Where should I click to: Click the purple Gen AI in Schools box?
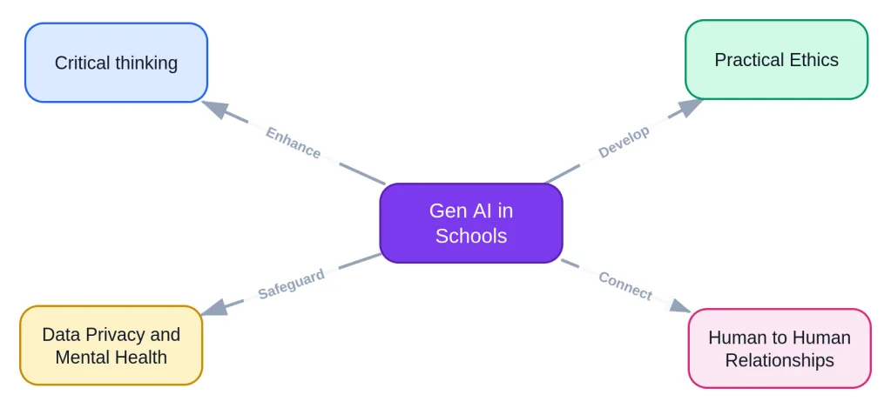[x=471, y=223]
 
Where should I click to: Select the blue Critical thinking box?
[x=116, y=63]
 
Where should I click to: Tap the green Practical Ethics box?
[x=776, y=59]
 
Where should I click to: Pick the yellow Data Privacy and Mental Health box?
[x=111, y=345]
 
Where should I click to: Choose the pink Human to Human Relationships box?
[x=780, y=349]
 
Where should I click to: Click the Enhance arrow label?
[x=294, y=143]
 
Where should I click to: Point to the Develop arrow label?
[x=624, y=143]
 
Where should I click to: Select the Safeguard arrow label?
[x=292, y=283]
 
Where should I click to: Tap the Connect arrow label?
[x=625, y=285]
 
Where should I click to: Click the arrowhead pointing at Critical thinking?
[x=214, y=108]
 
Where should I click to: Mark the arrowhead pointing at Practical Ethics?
[x=691, y=106]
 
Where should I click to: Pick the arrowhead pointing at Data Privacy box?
[x=213, y=308]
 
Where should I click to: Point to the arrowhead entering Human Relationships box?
[x=679, y=306]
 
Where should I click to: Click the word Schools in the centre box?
[x=471, y=236]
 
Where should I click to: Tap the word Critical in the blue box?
[x=83, y=63]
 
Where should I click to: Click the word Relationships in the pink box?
[x=780, y=360]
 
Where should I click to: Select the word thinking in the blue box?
[x=146, y=63]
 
